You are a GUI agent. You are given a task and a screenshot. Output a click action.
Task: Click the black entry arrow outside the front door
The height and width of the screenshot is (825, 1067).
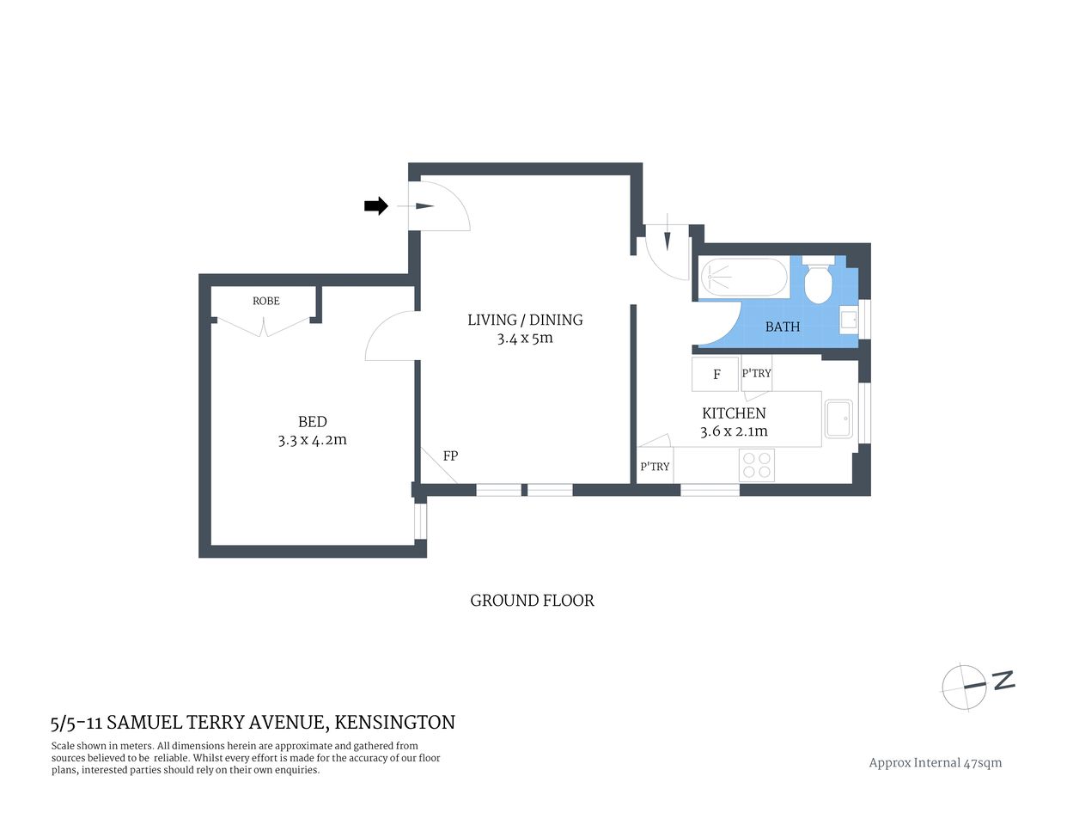coord(376,206)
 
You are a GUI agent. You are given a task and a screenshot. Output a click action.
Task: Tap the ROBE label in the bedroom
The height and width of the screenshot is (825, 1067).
coord(266,301)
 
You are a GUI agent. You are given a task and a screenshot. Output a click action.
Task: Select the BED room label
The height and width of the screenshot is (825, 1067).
coord(312,421)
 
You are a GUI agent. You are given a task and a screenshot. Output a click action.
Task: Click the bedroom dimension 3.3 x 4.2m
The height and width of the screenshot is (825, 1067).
coord(312,440)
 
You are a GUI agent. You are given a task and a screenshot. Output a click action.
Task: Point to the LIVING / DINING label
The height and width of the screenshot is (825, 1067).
coord(525,320)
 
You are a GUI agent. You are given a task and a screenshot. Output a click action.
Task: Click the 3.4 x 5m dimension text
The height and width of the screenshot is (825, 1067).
coord(525,339)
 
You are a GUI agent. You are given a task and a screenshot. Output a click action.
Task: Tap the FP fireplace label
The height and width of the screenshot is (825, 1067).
coord(450,455)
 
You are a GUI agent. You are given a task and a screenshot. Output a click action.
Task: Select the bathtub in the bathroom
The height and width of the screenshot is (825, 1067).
coord(744,278)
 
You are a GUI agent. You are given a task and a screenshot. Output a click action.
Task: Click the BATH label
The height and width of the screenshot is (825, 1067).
coord(782,327)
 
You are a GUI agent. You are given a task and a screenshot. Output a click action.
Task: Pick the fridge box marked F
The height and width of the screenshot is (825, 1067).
coord(716,374)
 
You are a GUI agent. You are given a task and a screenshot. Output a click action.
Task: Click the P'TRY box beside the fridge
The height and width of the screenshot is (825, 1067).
coord(756,373)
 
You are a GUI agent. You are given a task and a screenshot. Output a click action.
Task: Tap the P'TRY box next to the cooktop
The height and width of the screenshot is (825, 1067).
coord(655,466)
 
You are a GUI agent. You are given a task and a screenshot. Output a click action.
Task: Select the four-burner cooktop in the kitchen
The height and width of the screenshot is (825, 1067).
coord(757,465)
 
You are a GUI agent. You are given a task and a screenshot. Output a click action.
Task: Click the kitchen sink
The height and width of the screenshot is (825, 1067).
coord(838,420)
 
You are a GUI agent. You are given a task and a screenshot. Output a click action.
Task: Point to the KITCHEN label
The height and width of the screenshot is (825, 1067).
coord(734,413)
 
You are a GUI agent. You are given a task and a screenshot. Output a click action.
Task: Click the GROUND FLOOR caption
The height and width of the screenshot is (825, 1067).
coord(532,601)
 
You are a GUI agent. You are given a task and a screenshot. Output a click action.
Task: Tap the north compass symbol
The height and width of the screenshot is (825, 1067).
coord(966,687)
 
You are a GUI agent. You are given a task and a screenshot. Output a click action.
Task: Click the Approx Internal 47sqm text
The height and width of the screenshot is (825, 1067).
coord(935,762)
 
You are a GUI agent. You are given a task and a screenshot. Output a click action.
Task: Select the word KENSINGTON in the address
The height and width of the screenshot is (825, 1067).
coord(394,723)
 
